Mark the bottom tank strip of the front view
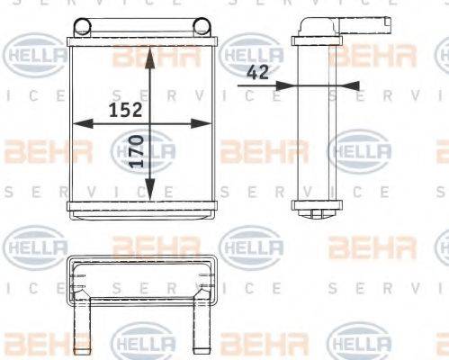(144, 208)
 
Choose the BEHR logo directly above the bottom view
(144, 244)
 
